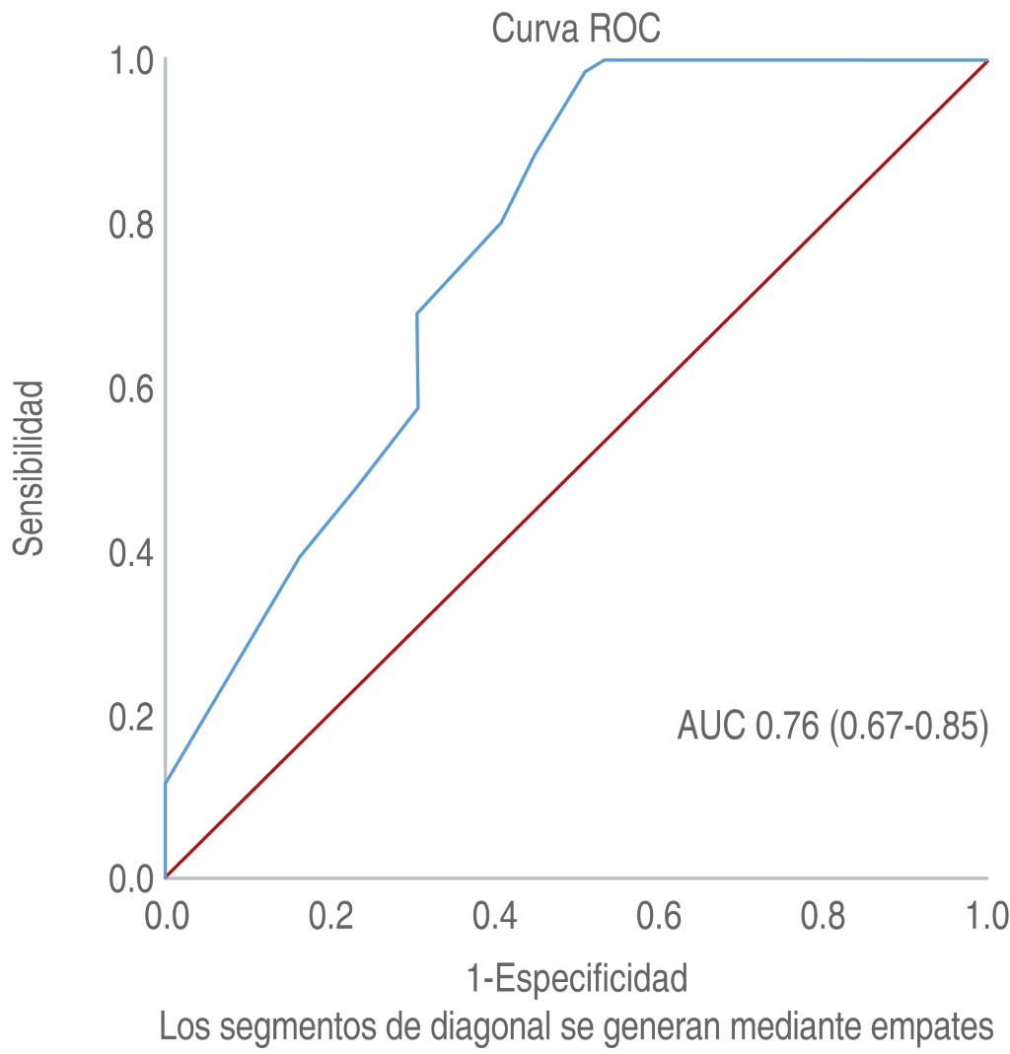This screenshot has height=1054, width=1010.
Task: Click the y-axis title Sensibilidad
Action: click(31, 467)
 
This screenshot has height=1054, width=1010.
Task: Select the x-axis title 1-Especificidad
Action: click(577, 980)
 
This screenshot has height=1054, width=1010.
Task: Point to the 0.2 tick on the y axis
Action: click(130, 717)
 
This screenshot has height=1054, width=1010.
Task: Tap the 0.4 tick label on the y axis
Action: click(130, 553)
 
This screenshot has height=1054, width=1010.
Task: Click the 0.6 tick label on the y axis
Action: click(130, 388)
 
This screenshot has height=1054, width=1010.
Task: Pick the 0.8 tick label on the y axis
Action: click(130, 225)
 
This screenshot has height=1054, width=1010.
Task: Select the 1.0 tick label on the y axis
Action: click(130, 61)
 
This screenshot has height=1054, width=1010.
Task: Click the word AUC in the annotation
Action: click(711, 727)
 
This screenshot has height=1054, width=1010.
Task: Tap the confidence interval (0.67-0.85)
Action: click(908, 727)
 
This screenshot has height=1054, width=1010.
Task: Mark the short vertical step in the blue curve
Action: click(418, 361)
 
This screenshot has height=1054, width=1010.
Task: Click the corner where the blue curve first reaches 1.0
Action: click(604, 60)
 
